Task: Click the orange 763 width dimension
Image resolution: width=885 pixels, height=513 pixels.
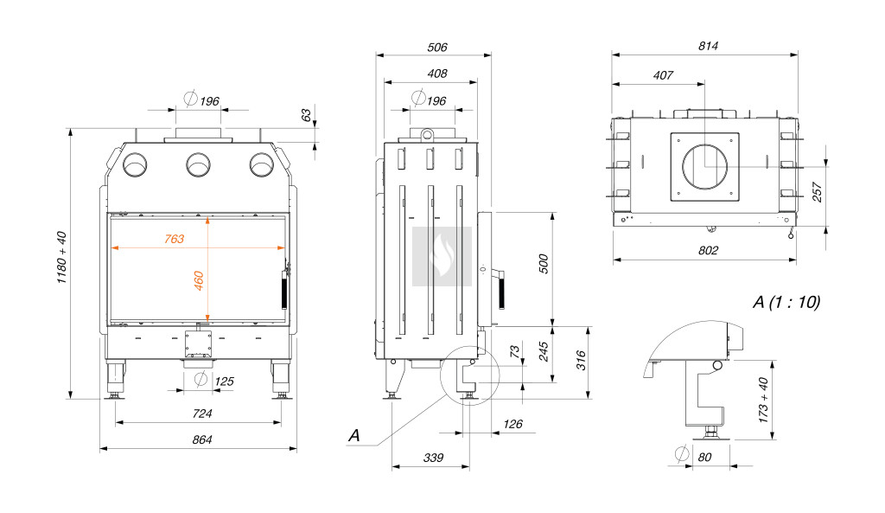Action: (175, 239)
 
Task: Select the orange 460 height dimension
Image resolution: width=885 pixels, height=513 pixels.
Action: (199, 280)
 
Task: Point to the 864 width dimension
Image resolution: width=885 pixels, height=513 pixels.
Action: (201, 439)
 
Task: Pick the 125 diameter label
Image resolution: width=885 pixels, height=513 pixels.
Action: (224, 381)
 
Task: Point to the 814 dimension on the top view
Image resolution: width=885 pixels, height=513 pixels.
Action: (707, 46)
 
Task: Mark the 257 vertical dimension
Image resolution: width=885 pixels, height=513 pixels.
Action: (818, 192)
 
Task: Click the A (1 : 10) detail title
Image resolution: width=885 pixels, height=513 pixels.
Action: (786, 303)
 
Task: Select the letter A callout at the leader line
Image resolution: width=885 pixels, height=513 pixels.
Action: (353, 435)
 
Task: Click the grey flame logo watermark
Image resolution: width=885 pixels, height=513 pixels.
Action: (442, 256)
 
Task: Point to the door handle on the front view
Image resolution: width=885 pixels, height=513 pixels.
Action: (282, 291)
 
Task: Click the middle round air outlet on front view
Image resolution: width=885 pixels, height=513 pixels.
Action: (198, 164)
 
